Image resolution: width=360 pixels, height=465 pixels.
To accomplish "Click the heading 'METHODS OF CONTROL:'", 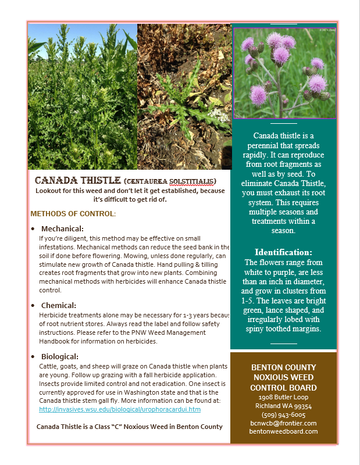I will [73, 214].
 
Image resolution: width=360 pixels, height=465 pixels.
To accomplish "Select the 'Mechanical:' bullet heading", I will [62, 228].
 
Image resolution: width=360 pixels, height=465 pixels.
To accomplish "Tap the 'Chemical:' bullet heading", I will [59, 305].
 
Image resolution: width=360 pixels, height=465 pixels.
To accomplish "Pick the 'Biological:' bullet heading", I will [60, 356].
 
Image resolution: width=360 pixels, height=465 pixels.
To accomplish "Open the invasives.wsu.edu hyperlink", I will [120, 409].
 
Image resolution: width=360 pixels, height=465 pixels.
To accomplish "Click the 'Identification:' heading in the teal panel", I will [283, 252].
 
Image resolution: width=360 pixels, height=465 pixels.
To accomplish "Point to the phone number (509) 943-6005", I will [283, 415].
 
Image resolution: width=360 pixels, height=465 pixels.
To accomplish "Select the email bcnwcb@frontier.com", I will [283, 423].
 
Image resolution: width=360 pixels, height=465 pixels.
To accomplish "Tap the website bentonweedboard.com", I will [283, 431].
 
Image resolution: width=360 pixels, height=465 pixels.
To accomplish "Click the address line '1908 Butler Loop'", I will [283, 398].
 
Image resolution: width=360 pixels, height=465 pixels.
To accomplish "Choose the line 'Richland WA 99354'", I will [283, 406].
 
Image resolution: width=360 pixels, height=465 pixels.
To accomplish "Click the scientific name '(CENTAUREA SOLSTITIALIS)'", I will [170, 181].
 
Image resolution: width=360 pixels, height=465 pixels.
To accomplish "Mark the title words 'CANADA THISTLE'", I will [77, 181].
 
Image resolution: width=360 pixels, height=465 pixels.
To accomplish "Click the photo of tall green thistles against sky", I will [82, 96].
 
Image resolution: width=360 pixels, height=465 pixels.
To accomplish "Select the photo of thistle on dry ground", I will [183, 96].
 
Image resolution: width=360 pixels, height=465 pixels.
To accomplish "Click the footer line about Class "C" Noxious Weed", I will [130, 427].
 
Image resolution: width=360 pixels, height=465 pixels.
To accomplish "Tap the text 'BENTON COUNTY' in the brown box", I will [283, 367].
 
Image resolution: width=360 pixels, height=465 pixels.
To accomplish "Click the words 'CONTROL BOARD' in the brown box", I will [283, 388].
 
